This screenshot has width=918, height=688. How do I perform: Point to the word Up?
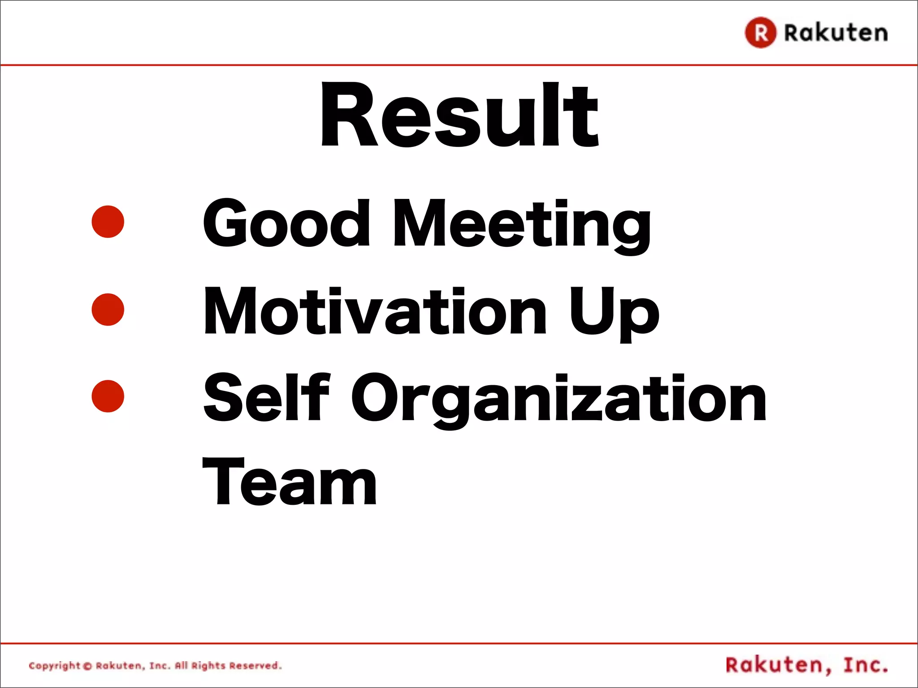614,314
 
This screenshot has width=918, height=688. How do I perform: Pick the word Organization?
559,400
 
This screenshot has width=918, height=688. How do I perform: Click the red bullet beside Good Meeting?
108,222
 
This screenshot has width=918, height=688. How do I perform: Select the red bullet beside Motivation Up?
108,310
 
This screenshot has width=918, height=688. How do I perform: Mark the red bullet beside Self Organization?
108,396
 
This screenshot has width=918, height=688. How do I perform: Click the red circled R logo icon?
760,32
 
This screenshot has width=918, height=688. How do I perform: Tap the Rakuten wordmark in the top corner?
836,33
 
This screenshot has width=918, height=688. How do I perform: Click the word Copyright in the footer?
54,666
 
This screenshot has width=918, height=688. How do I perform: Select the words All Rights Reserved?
228,666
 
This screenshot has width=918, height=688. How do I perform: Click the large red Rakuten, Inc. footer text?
806,665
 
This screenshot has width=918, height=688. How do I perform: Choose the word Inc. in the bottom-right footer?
865,665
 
